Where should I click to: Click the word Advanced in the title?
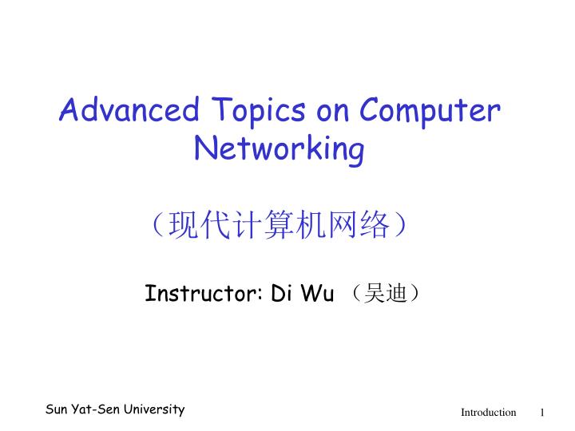click(x=132, y=111)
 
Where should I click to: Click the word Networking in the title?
click(x=280, y=150)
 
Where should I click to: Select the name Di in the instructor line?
click(x=282, y=294)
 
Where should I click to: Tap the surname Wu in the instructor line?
click(x=317, y=294)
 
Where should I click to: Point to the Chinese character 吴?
click(x=373, y=295)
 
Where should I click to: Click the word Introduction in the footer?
click(x=488, y=413)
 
